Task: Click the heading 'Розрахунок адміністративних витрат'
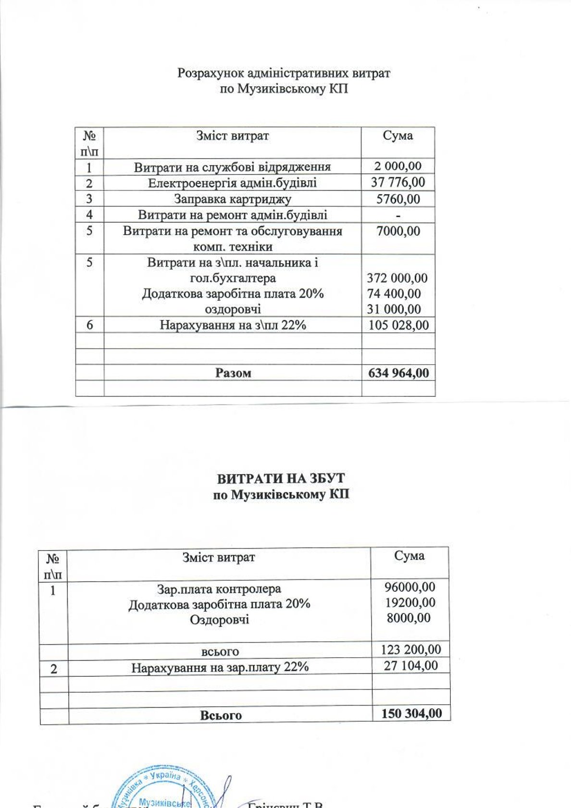284,73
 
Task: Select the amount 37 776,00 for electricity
398,183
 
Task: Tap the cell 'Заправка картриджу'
232,199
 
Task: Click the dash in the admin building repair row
398,215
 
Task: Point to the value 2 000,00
398,166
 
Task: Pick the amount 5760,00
398,199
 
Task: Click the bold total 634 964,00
398,373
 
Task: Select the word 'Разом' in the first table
233,373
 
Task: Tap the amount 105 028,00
398,325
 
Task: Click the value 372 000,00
397,278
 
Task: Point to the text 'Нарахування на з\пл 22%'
233,325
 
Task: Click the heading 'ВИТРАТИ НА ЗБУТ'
281,478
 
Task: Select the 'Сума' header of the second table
410,556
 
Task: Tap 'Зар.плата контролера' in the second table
219,589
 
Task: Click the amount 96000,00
410,587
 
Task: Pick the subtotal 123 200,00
411,649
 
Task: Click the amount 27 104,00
411,666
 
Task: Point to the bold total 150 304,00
411,713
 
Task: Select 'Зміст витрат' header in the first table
232,136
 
